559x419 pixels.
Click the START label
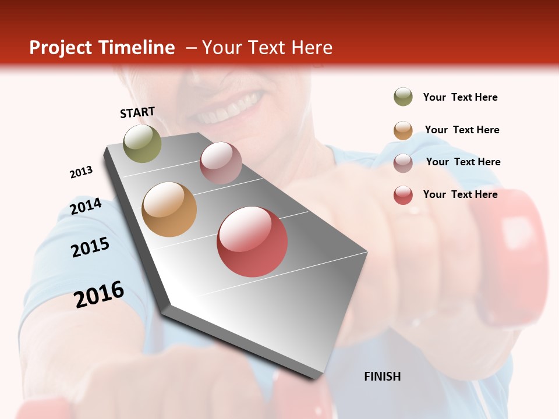coord(137,112)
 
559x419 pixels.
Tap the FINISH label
coord(382,377)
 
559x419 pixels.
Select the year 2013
coord(81,172)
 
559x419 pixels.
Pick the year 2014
coord(86,207)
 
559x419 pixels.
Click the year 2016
coord(99,294)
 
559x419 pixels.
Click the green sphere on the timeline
coord(142,143)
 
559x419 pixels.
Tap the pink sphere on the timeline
coord(221,163)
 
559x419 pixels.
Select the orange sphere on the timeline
coord(169,210)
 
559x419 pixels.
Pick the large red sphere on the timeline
coord(252,242)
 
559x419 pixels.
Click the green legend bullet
coord(403,97)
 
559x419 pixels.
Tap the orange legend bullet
coord(403,130)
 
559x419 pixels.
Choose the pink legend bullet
coord(403,162)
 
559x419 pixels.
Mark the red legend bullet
coord(403,195)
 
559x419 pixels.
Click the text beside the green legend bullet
coord(460,97)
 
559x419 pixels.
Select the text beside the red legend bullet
coord(460,194)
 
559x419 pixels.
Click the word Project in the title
coord(61,48)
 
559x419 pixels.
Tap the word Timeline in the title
coord(137,48)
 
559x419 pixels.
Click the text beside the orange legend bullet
coord(462,130)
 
